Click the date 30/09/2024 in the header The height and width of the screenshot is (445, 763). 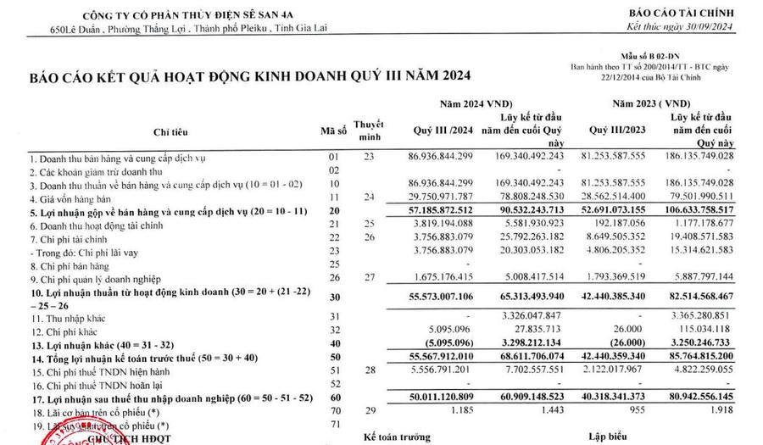(x=715, y=29)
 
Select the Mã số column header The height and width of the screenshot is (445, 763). (x=332, y=131)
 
